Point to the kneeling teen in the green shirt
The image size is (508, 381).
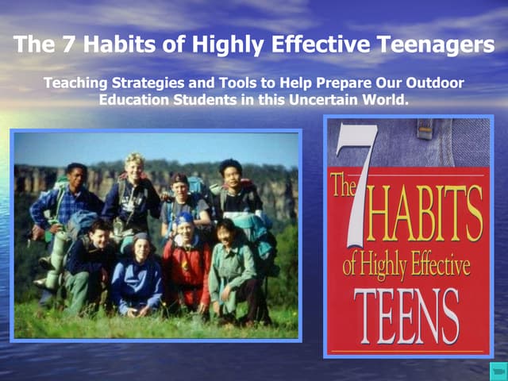[x=230, y=266]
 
